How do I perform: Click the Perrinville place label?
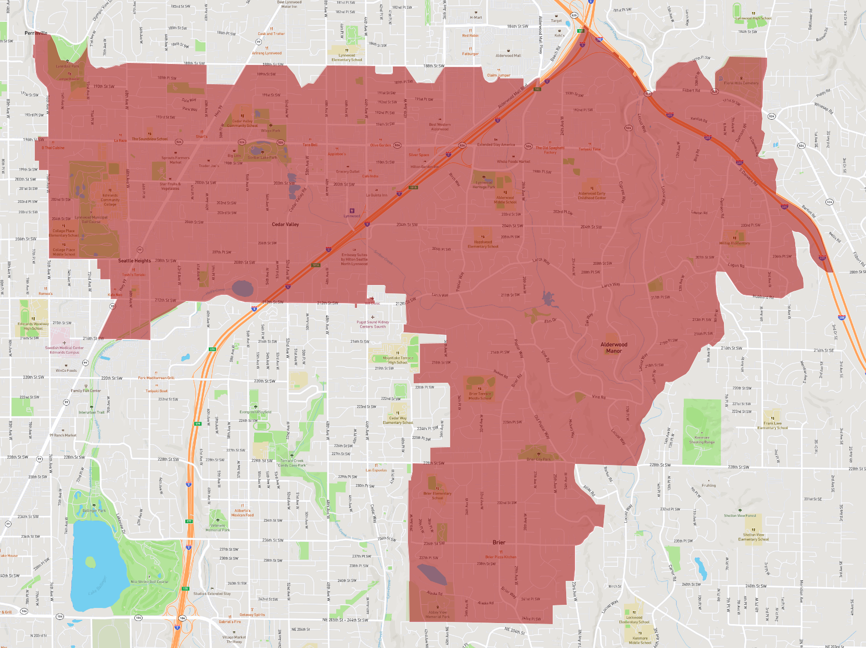pyautogui.click(x=36, y=33)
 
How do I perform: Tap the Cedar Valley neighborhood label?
pyautogui.click(x=285, y=225)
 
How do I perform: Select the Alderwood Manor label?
pyautogui.click(x=614, y=347)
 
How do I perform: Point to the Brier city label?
pyautogui.click(x=499, y=542)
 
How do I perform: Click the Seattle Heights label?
pyautogui.click(x=134, y=261)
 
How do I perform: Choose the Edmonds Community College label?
pyautogui.click(x=110, y=200)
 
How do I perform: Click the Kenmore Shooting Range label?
pyautogui.click(x=702, y=440)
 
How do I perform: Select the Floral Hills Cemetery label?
pyautogui.click(x=741, y=83)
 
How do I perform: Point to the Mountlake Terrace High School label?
pyautogui.click(x=398, y=360)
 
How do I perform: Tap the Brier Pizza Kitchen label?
pyautogui.click(x=501, y=557)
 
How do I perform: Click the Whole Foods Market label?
pyautogui.click(x=513, y=162)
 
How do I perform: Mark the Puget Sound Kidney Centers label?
pyautogui.click(x=373, y=325)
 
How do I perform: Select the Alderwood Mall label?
pyautogui.click(x=508, y=56)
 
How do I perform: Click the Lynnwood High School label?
pyautogui.click(x=753, y=18)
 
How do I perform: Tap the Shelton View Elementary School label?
pyautogui.click(x=753, y=537)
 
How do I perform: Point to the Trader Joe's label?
pyautogui.click(x=209, y=166)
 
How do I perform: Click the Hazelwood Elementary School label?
pyautogui.click(x=483, y=244)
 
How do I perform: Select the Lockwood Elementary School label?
pyautogui.click(x=634, y=619)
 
